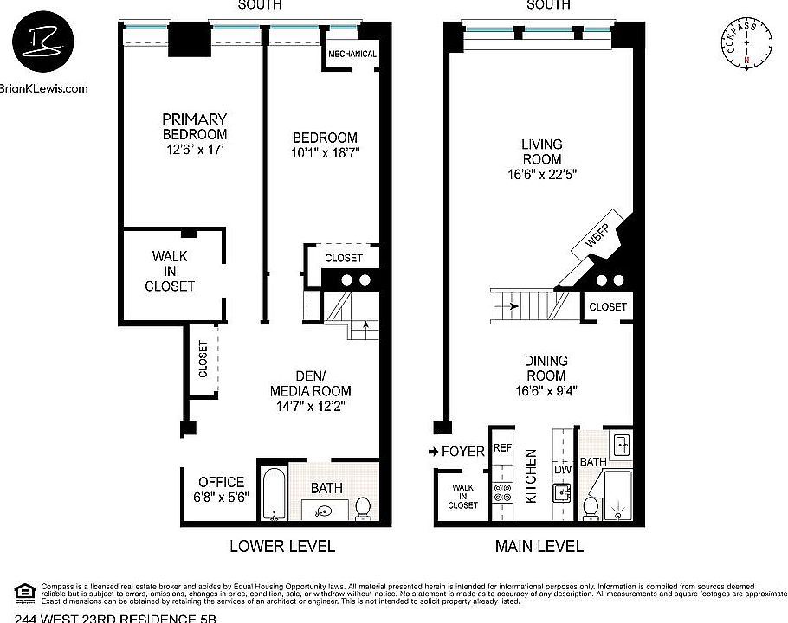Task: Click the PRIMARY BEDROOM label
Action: coord(194,126)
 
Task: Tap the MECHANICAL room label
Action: coord(352,54)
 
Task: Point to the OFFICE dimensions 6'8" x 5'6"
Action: coord(222,498)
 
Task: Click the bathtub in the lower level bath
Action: coord(274,495)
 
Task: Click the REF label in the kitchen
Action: coord(502,448)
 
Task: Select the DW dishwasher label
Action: coord(563,470)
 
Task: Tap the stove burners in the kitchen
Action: coord(502,492)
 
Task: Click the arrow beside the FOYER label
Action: coord(433,452)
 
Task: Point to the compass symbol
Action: coord(746,48)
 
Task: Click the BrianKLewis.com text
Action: coord(44,87)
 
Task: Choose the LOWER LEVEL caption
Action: coord(281,546)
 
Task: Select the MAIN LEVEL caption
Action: coord(538,546)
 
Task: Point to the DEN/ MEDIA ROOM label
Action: coord(310,390)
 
